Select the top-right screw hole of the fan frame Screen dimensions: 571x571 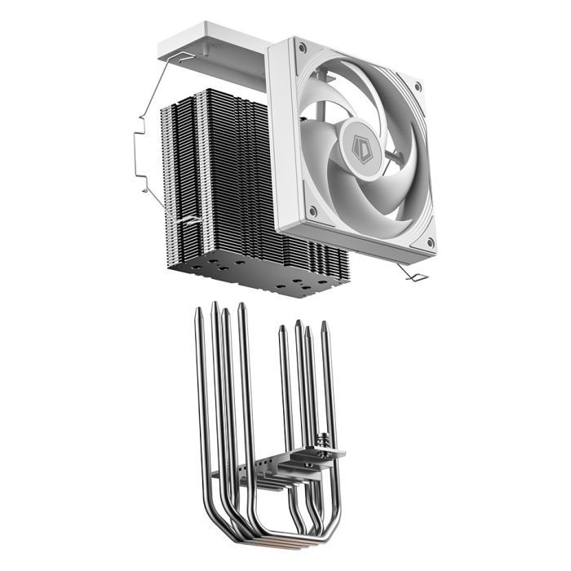coord(418,84)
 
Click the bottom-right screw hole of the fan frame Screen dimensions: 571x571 coord(430,242)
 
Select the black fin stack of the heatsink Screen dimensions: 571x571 coord(220,179)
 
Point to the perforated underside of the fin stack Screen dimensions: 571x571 coord(269,277)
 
